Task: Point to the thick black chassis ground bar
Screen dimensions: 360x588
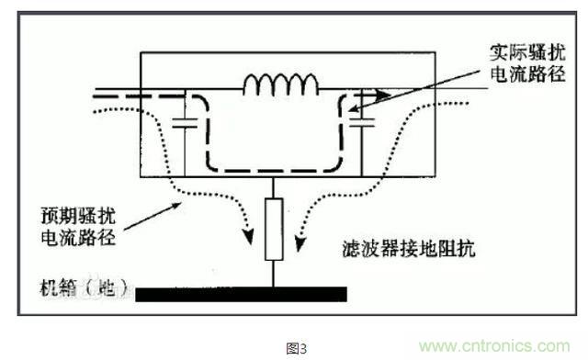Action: pos(241,294)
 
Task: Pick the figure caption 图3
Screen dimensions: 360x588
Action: pos(295,348)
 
